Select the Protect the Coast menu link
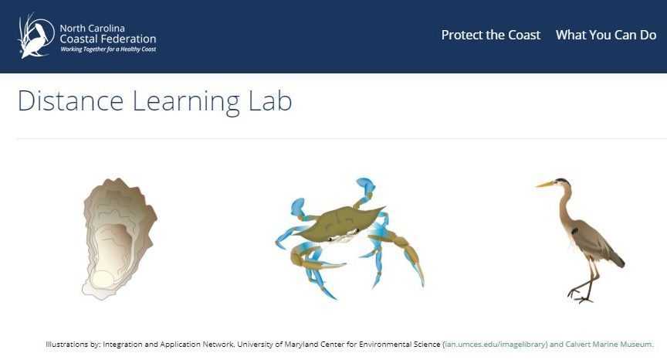[x=491, y=35]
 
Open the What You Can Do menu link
[x=606, y=35]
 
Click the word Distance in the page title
[x=70, y=101]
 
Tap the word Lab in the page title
[x=270, y=101]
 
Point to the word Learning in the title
[x=186, y=103]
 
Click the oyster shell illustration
[x=119, y=239]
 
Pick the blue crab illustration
[x=350, y=238]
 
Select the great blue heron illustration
[x=581, y=240]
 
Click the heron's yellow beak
[x=545, y=185]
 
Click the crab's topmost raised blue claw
[x=366, y=185]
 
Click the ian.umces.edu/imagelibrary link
[x=496, y=345]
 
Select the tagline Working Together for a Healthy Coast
[x=108, y=49]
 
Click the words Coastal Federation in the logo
[x=108, y=39]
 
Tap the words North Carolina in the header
[x=93, y=29]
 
